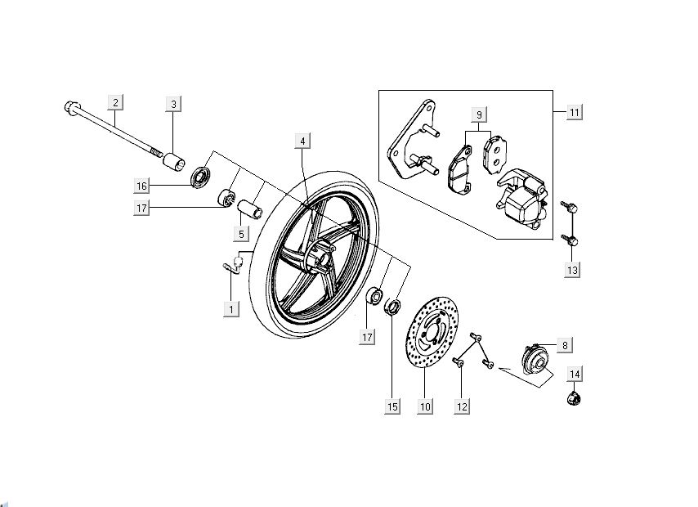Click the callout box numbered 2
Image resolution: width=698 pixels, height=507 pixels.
pos(115,102)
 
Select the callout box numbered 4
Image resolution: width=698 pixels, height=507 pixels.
pos(302,141)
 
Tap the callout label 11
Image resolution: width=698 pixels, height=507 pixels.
pos(575,111)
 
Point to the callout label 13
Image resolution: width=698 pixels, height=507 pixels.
pos(575,269)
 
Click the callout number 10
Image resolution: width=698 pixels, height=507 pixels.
pos(424,406)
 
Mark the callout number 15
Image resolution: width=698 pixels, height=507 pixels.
pos(393,406)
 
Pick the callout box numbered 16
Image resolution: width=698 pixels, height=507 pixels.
pos(142,186)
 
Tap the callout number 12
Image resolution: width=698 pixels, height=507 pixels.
pos(463,406)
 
